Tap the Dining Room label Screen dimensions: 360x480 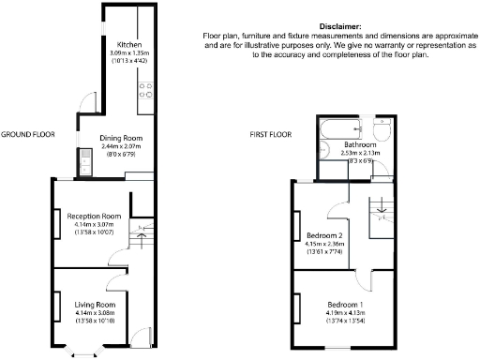(x=121, y=139)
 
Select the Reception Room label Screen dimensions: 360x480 (x=98, y=215)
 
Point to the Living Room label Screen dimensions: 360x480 (x=95, y=305)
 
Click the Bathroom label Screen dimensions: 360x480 (x=359, y=146)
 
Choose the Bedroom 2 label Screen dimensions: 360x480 (x=322, y=234)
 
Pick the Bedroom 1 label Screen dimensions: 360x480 (x=346, y=306)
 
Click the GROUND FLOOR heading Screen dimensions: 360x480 (x=29, y=134)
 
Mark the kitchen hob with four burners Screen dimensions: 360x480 (x=146, y=90)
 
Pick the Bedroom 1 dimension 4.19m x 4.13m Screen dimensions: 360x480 (x=346, y=314)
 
